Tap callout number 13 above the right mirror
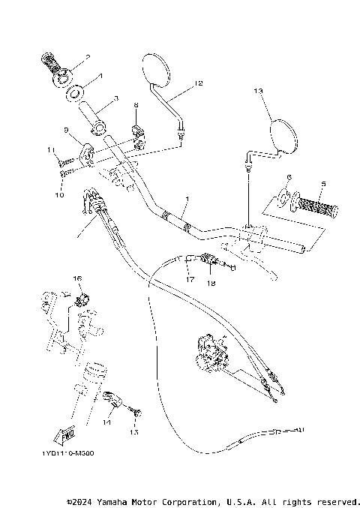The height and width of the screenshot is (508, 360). click(x=259, y=91)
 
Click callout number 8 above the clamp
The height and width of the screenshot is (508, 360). click(x=136, y=106)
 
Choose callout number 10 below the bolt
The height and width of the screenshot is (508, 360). click(x=52, y=150)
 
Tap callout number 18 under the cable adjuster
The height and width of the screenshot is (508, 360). click(x=211, y=283)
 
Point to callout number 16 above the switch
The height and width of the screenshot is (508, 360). click(x=76, y=278)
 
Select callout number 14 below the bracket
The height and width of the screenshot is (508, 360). click(x=106, y=422)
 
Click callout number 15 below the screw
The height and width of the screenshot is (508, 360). click(x=135, y=431)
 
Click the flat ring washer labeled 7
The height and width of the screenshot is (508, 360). click(x=73, y=94)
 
